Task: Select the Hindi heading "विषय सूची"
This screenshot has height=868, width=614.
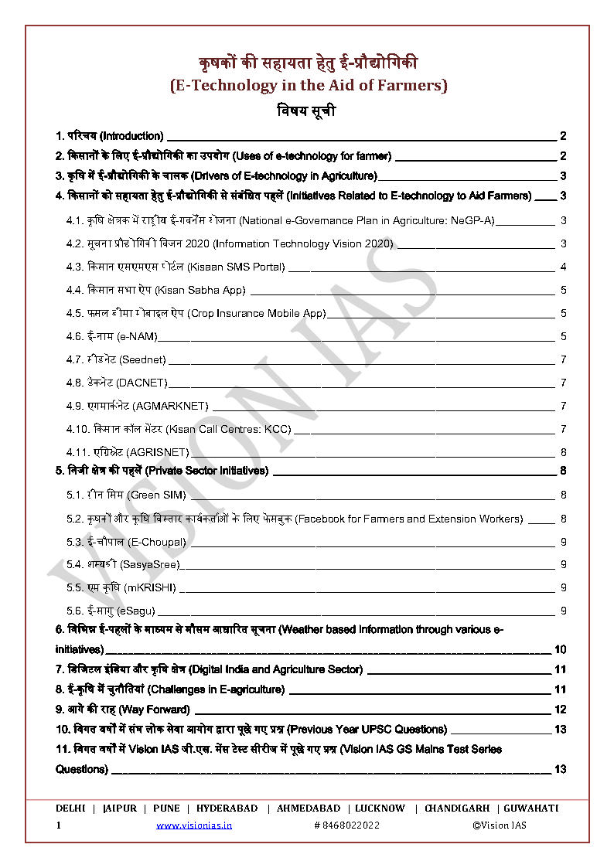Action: point(306,111)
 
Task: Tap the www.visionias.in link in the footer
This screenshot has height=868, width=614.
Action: point(193,825)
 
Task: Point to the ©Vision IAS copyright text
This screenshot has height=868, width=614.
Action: point(500,825)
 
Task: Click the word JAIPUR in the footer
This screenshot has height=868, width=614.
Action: point(120,808)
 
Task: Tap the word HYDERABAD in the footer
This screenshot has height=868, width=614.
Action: point(227,808)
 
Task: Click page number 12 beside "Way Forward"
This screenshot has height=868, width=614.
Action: point(561,710)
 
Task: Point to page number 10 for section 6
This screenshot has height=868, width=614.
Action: point(561,649)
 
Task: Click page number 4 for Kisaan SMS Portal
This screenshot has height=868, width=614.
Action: point(564,267)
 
